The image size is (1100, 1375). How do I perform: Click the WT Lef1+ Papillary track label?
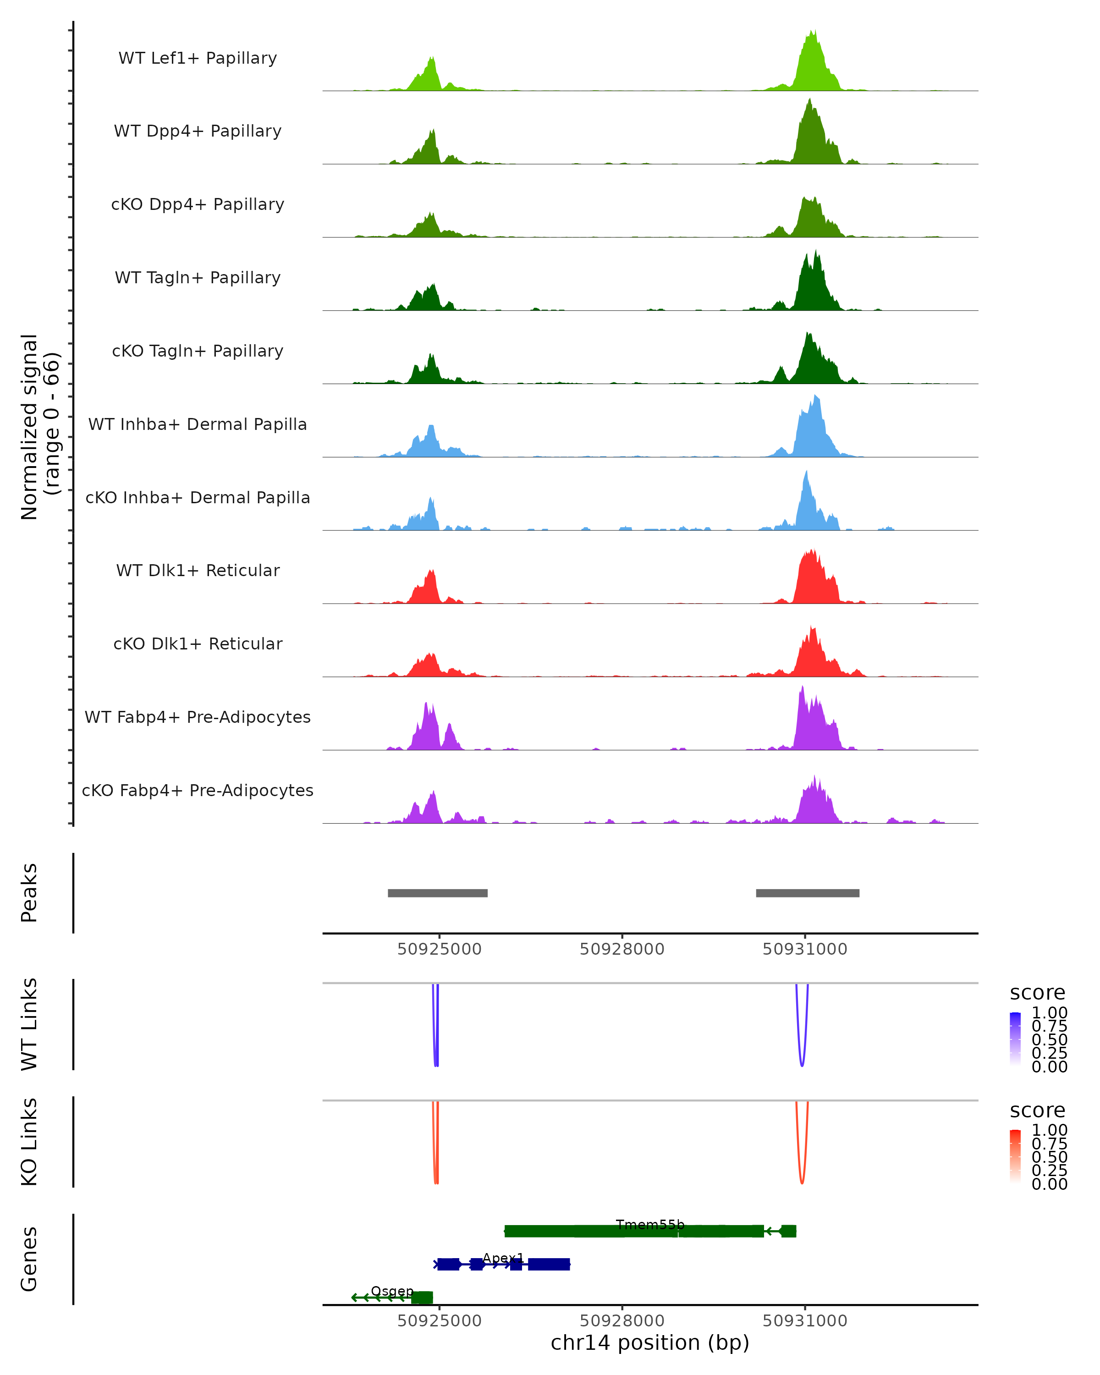click(198, 59)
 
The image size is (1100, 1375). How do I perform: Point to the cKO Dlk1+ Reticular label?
click(198, 644)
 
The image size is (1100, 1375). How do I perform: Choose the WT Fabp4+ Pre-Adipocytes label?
click(198, 717)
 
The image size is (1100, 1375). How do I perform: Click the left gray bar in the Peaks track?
click(437, 893)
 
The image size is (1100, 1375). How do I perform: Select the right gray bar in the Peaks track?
click(807, 893)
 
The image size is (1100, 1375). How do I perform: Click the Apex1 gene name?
click(503, 1258)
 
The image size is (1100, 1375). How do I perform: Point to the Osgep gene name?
click(392, 1291)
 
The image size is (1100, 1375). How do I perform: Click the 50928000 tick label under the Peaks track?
click(622, 949)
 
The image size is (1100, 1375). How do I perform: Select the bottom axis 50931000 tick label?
click(805, 1320)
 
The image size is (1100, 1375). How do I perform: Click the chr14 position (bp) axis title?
click(650, 1343)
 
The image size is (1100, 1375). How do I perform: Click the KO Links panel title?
click(29, 1142)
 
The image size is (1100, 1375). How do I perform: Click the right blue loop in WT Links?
click(802, 1062)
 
